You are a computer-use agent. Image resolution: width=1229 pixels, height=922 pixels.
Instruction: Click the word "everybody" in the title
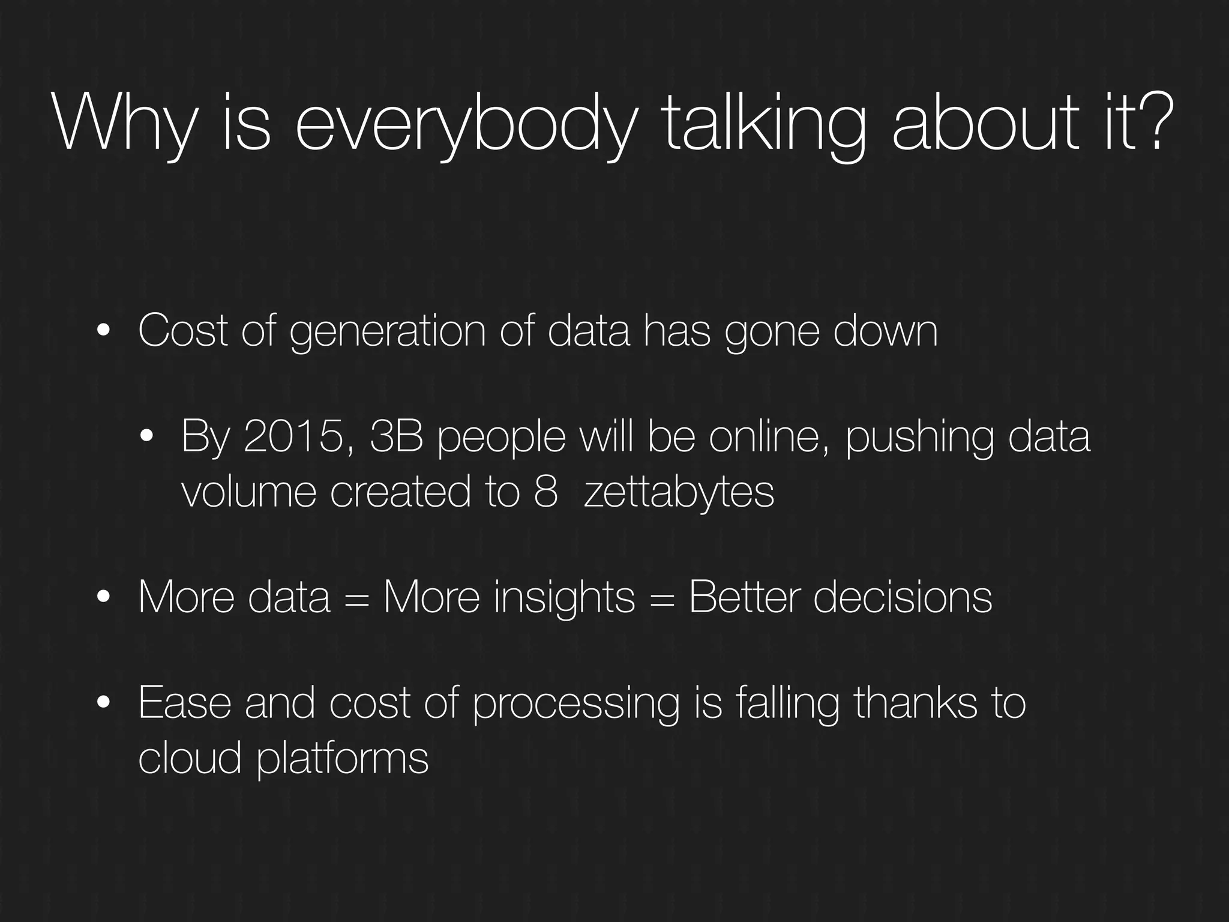[464, 124]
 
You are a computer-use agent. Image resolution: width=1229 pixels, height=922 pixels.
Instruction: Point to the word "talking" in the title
[765, 124]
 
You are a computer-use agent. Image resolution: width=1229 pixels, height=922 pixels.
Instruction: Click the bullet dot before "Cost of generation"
[104, 331]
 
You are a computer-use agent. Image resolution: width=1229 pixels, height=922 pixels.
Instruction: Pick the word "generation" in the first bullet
[388, 331]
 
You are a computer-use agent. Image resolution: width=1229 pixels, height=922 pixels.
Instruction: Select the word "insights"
[564, 598]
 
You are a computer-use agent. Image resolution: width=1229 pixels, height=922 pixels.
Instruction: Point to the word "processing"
[576, 704]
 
